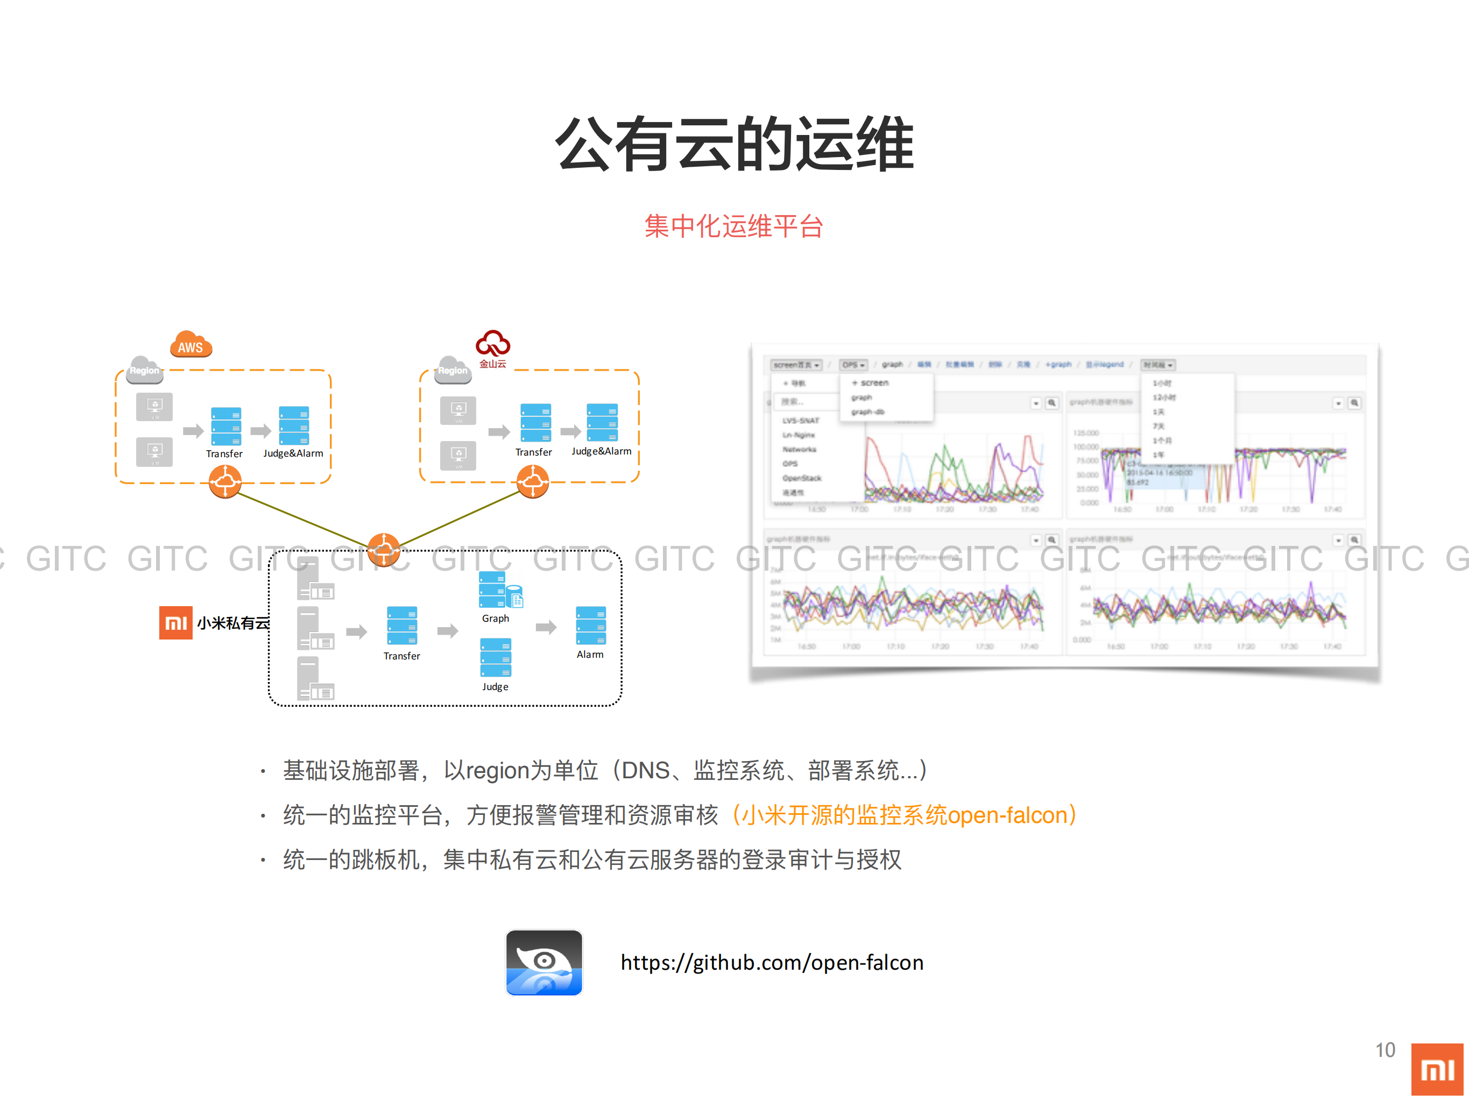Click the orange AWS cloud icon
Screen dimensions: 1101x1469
point(190,344)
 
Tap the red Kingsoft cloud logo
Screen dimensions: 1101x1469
point(493,343)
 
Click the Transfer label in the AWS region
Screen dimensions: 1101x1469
point(224,454)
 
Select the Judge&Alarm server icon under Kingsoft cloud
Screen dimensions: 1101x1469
point(602,422)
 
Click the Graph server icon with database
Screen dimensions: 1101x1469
point(499,590)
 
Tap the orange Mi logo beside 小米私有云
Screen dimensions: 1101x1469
point(176,622)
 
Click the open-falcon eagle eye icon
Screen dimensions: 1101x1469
point(544,962)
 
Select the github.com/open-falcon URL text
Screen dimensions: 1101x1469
point(772,962)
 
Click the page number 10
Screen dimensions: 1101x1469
point(1385,1050)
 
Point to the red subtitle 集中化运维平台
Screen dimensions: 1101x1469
point(734,226)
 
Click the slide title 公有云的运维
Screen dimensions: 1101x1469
point(734,144)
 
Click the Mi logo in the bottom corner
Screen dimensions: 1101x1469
point(1437,1069)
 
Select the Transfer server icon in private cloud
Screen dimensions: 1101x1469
point(402,626)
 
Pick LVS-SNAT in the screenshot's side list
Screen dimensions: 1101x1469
point(800,421)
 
